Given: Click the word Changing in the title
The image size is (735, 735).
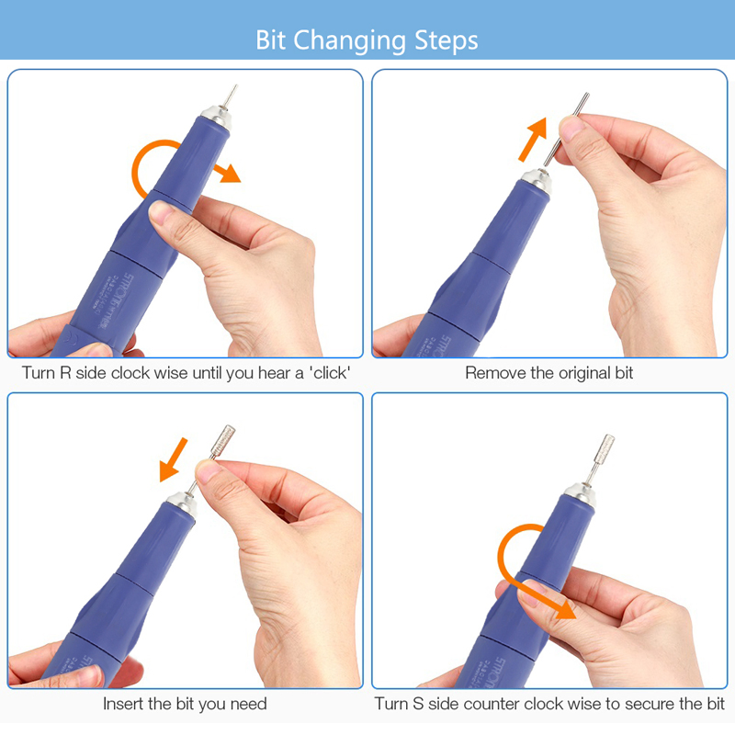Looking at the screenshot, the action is point(349,40).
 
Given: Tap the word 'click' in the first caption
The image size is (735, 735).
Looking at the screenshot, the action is point(330,373).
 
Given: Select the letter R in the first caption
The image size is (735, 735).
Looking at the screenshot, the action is point(65,373).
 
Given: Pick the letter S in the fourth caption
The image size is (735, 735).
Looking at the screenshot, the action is point(418,704).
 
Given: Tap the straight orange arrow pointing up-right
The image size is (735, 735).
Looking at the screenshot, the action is point(533,140).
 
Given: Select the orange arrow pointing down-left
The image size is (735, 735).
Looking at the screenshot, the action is point(174,460).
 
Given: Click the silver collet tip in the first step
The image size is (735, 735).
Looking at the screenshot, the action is point(216,118).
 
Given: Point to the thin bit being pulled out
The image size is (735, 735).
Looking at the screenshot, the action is point(566,130).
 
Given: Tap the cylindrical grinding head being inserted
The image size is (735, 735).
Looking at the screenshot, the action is point(222,439).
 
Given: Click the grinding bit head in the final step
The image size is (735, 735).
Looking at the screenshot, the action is point(605,449).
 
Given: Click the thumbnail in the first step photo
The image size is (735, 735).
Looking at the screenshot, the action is point(162,213).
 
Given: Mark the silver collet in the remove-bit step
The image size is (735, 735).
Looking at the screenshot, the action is point(537,181).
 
